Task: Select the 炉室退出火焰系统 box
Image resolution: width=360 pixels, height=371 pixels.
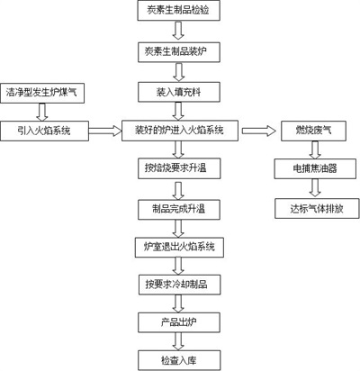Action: click(x=179, y=245)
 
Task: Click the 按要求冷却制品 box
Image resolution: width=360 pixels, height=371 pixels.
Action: click(x=179, y=284)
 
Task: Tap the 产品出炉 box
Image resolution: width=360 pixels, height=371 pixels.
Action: click(x=179, y=321)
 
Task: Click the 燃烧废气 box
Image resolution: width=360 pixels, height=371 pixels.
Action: click(x=312, y=131)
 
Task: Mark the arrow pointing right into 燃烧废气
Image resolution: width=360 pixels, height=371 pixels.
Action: click(x=264, y=131)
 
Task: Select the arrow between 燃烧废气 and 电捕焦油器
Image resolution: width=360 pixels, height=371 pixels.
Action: click(x=312, y=149)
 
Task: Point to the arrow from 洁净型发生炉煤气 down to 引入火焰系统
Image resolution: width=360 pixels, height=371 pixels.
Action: click(x=42, y=112)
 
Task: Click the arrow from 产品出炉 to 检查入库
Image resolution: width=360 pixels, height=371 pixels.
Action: click(x=179, y=340)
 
